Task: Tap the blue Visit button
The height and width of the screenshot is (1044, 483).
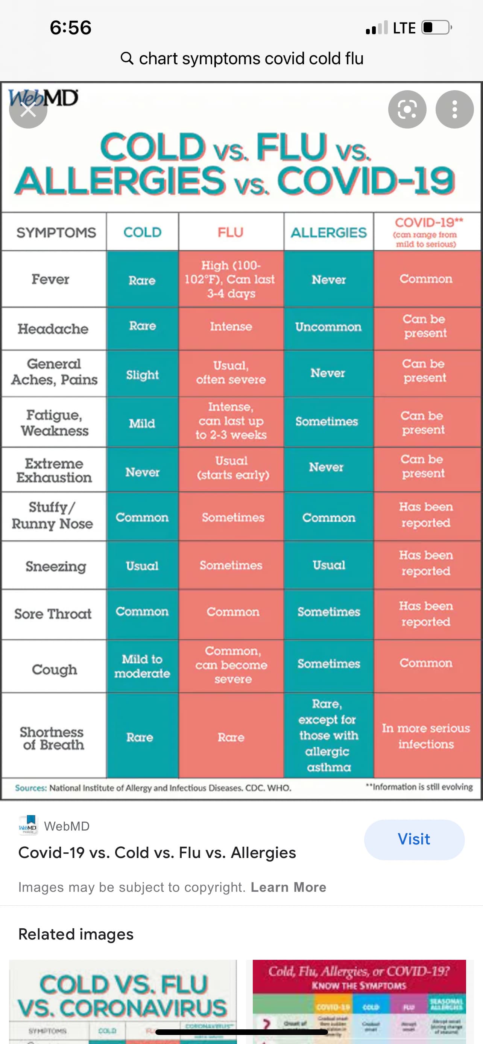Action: tap(414, 839)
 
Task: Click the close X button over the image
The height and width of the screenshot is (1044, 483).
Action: tap(28, 109)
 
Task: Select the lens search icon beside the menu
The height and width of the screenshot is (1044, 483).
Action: tap(407, 109)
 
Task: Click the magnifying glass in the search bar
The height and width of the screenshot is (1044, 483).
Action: tap(127, 58)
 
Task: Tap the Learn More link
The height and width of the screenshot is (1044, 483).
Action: tap(289, 887)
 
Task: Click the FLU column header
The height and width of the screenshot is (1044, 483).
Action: tap(230, 232)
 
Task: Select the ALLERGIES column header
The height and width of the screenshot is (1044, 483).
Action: tap(328, 233)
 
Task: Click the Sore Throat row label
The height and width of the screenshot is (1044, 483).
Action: tap(53, 614)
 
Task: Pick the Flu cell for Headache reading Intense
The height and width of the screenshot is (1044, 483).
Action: tap(231, 327)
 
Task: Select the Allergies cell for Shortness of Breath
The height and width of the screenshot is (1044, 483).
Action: tap(328, 735)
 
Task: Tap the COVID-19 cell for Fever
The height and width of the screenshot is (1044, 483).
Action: tap(426, 279)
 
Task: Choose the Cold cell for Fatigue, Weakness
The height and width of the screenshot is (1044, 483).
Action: tap(142, 423)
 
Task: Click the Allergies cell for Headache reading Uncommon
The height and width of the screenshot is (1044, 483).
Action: tap(328, 327)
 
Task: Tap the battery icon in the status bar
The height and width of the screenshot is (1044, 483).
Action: tap(436, 27)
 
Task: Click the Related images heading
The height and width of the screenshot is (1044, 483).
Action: tap(76, 934)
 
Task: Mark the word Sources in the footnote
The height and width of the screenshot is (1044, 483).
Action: tap(31, 788)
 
